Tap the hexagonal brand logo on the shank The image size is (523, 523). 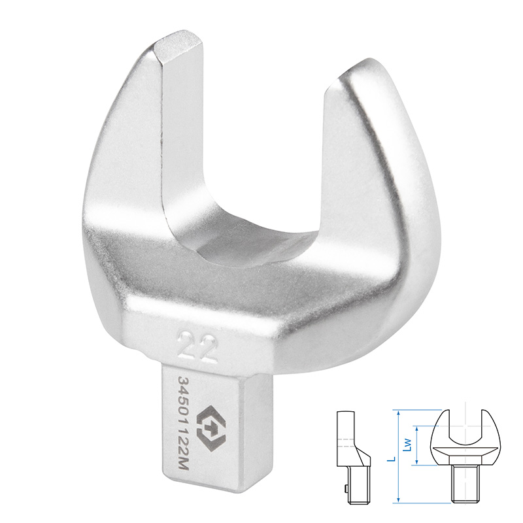pyautogui.click(x=211, y=428)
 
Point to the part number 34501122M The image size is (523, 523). pyautogui.click(x=183, y=424)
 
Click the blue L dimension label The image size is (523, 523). pyautogui.click(x=393, y=459)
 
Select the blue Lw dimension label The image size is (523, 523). pyautogui.click(x=407, y=445)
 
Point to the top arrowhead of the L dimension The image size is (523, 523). pyautogui.click(x=398, y=413)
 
